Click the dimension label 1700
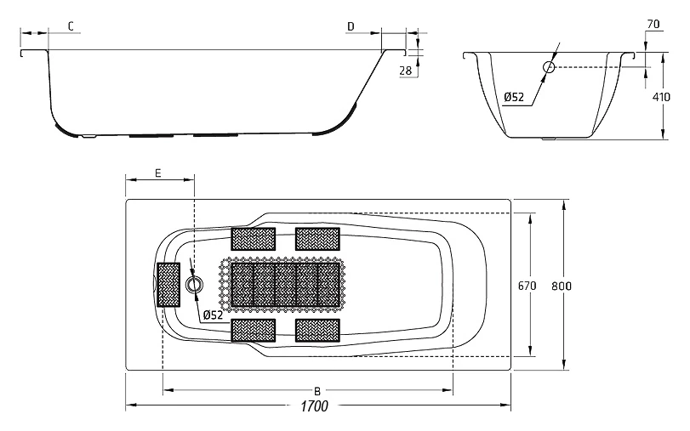(x=315, y=405)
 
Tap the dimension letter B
(x=317, y=391)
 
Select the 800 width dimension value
(x=562, y=286)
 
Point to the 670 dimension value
(x=527, y=286)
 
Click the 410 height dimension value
(x=661, y=97)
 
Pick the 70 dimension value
(x=653, y=24)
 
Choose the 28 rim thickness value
(x=406, y=71)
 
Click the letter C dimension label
(x=71, y=26)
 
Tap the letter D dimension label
(x=351, y=26)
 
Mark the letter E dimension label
(x=158, y=173)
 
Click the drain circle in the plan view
(x=194, y=285)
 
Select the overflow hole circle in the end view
(x=549, y=67)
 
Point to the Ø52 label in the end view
(x=514, y=97)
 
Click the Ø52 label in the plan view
(x=213, y=315)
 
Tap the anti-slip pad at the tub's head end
(x=168, y=285)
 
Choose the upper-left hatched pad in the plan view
(x=254, y=239)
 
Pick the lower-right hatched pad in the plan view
(x=317, y=331)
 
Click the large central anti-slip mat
(x=285, y=285)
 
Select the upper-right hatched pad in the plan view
(x=317, y=239)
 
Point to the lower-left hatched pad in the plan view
(x=254, y=331)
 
